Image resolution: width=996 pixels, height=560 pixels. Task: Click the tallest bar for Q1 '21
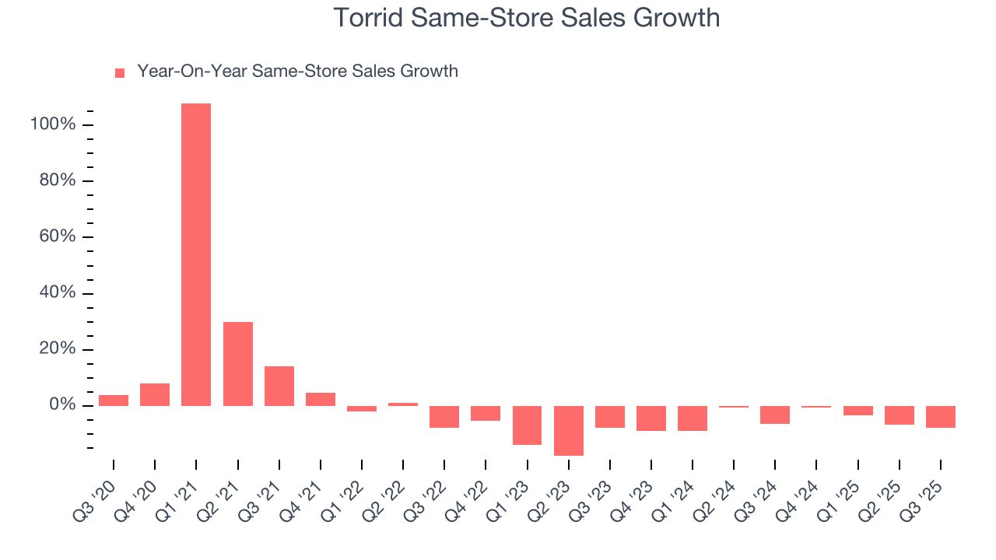196,254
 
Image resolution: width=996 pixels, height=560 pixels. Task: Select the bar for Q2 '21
237,363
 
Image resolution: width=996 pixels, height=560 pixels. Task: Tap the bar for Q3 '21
279,386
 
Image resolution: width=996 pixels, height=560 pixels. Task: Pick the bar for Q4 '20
155,394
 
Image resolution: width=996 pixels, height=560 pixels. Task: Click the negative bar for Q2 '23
569,430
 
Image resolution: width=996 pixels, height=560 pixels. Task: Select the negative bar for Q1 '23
527,425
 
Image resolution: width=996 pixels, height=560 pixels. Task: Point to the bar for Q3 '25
941,417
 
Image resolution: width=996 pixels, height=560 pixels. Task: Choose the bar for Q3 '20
114,401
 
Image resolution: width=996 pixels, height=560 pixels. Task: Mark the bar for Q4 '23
651,418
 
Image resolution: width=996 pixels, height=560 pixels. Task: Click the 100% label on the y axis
52,125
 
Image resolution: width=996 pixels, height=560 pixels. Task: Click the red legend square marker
120,72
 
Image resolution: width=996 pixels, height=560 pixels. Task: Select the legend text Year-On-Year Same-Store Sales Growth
297,72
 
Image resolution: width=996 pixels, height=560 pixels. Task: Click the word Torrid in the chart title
369,17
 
